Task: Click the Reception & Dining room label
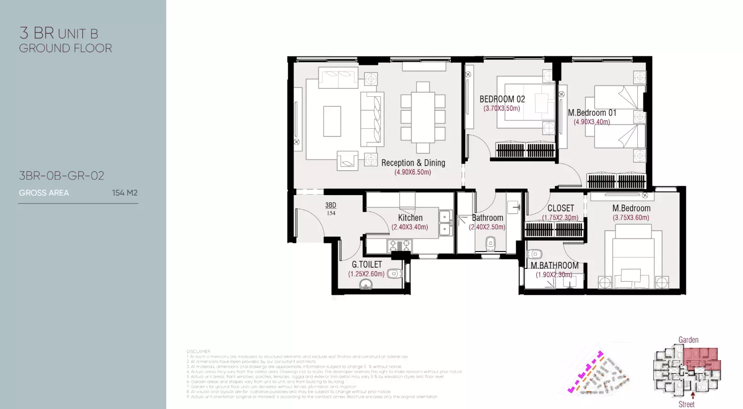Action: click(x=413, y=163)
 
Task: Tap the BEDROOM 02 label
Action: click(x=502, y=99)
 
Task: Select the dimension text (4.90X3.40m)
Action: click(x=592, y=122)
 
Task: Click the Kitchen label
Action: click(x=410, y=218)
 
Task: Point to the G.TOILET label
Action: click(x=367, y=265)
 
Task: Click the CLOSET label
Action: click(x=560, y=208)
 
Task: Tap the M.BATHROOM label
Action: click(x=555, y=266)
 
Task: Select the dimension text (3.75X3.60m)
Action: click(x=631, y=218)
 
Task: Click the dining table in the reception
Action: click(x=423, y=117)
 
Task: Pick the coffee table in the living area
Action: click(x=332, y=121)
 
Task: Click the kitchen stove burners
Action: click(x=399, y=245)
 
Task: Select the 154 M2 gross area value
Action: click(x=124, y=193)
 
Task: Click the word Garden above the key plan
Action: click(x=688, y=340)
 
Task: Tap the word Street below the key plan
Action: click(x=686, y=404)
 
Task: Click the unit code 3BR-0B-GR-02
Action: click(x=62, y=176)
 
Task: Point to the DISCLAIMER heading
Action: click(x=198, y=351)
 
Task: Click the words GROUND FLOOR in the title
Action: click(x=65, y=48)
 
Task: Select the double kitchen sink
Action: click(x=444, y=223)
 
